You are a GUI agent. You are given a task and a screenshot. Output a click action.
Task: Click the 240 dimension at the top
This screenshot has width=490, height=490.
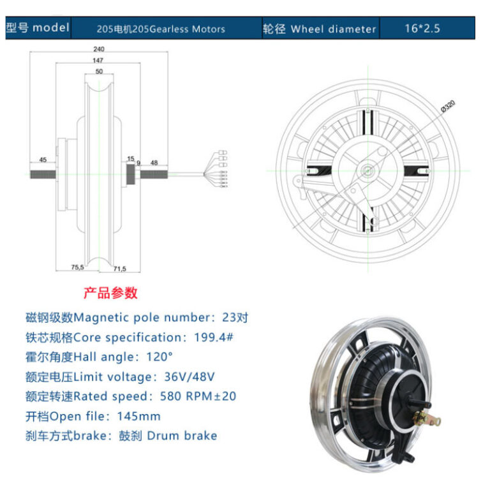coord(98,48)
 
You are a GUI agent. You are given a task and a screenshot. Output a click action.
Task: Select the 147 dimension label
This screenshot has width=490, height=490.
coord(98,60)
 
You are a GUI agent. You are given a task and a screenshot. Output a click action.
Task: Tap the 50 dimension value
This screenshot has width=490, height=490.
coord(98,72)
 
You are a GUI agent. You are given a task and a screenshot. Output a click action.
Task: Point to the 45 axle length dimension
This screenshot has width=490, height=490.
coord(43,160)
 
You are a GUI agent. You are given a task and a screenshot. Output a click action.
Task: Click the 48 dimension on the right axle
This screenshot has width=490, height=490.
coord(154,162)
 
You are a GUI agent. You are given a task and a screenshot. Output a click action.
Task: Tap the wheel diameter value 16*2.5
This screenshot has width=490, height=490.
coord(422,29)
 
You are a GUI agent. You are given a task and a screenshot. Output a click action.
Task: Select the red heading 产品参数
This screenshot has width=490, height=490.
coord(110,293)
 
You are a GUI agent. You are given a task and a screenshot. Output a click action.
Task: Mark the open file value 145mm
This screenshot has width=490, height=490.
coord(139,416)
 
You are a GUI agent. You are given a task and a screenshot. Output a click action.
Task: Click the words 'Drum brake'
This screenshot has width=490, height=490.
coord(182,436)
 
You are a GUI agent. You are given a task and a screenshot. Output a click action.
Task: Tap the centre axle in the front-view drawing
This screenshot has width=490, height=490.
coord(367,170)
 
